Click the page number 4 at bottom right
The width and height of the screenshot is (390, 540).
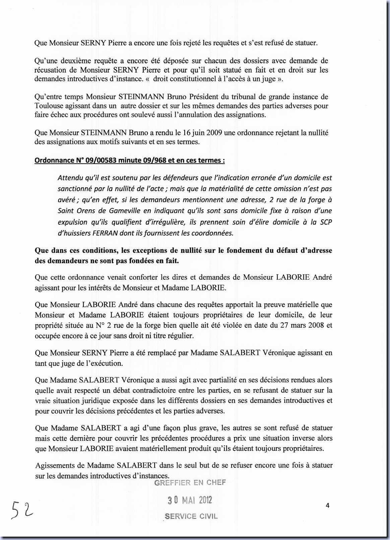pos(327,505)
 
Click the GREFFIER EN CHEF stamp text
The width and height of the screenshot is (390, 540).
pos(190,483)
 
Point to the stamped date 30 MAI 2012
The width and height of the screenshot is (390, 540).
pos(190,500)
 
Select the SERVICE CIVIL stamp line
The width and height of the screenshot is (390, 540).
pos(191,517)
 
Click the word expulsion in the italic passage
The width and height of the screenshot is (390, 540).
pos(72,222)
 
